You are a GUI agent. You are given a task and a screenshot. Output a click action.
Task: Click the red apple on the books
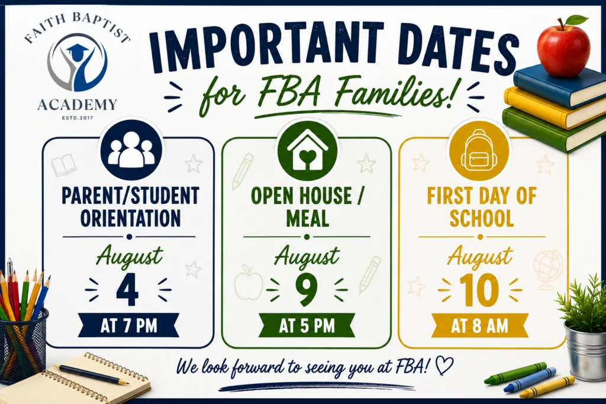click(565, 46)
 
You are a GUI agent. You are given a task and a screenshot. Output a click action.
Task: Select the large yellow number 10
click(478, 290)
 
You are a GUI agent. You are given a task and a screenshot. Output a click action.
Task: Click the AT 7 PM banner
click(128, 325)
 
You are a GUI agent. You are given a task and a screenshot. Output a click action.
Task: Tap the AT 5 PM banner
click(307, 325)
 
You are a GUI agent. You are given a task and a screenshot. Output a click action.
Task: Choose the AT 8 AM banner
click(479, 326)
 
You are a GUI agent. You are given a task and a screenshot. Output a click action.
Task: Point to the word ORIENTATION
click(131, 218)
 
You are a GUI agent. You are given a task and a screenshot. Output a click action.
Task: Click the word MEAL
click(308, 218)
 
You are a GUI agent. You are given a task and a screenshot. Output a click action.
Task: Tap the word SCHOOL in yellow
click(482, 218)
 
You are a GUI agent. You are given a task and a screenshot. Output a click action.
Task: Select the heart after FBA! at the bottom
click(444, 366)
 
